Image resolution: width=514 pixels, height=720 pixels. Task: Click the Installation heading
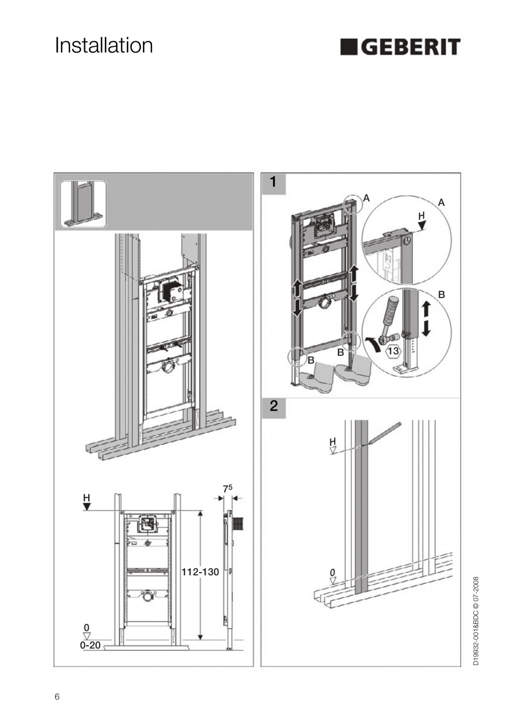(103, 46)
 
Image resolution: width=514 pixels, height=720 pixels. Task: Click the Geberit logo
(400, 47)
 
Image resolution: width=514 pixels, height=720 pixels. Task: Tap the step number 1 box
(273, 183)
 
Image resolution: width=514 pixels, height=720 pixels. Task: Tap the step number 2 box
(273, 406)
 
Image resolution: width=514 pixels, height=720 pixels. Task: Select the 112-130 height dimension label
(200, 572)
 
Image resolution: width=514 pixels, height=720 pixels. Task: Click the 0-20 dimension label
(91, 645)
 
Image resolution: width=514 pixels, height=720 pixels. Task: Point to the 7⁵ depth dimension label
(227, 488)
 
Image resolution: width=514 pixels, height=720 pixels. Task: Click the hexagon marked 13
(392, 351)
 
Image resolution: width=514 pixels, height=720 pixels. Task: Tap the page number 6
(57, 697)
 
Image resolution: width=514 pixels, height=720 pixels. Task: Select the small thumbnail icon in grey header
(83, 204)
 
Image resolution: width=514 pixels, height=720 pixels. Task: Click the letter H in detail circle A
(421, 215)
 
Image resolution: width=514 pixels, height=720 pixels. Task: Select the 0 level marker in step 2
(332, 573)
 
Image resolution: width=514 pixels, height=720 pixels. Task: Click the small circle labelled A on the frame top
(353, 205)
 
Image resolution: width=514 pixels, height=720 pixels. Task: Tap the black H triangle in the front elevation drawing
(87, 506)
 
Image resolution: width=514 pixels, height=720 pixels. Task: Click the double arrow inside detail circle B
(426, 319)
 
